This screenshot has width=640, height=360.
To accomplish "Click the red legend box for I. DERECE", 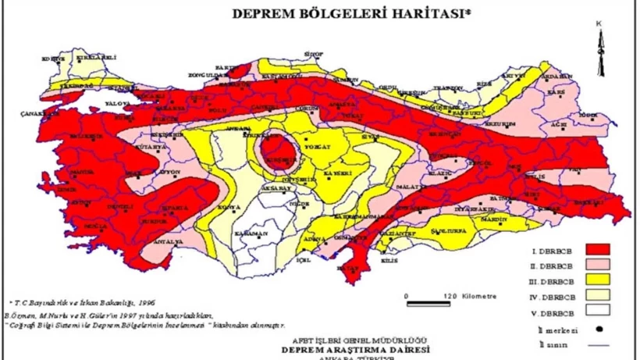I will point(592,249).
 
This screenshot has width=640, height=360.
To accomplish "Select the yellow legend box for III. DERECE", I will point(592,280).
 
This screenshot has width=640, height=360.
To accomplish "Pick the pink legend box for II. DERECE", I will point(592,265).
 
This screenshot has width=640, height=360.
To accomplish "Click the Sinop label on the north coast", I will point(314,54).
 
